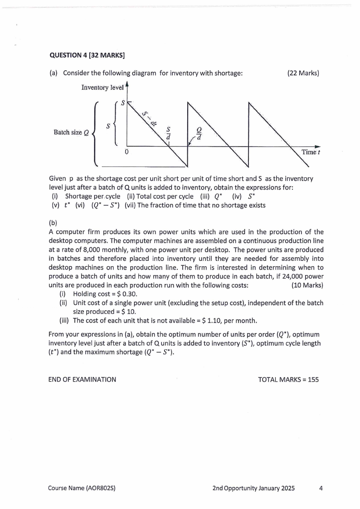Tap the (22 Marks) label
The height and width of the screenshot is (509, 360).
point(303,73)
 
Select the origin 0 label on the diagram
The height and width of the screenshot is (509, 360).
point(127,152)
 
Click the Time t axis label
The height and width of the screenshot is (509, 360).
point(311,152)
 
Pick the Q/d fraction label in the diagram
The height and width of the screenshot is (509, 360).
point(198,133)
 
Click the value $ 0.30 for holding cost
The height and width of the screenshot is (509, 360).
point(119,294)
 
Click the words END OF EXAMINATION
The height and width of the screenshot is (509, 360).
point(82,379)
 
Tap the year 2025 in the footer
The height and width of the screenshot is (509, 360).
point(285,488)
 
